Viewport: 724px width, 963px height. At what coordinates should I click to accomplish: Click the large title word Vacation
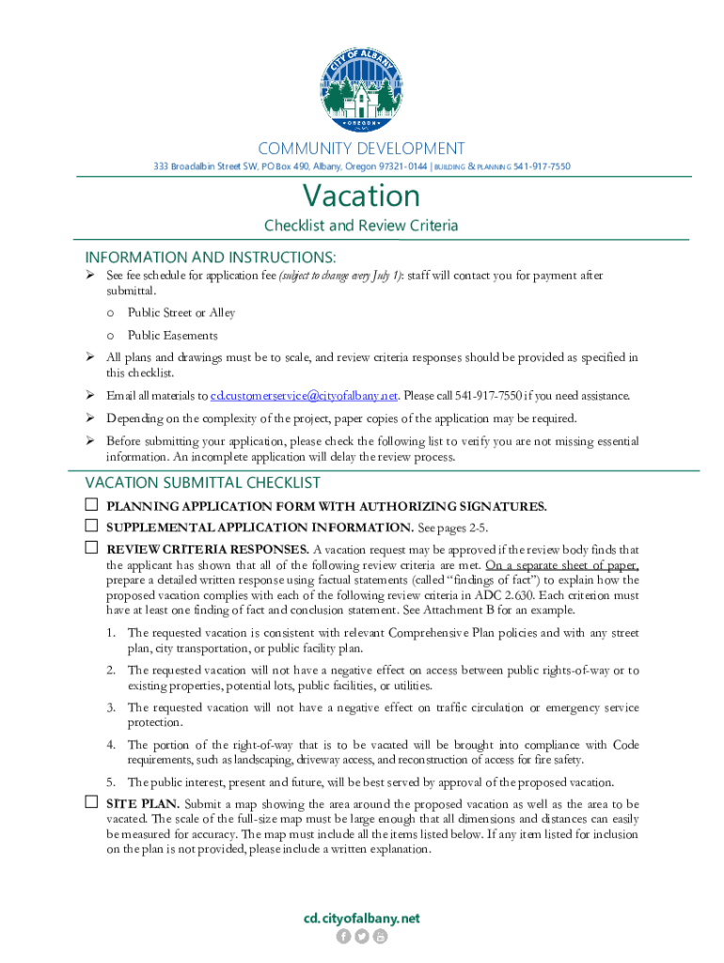coord(361,196)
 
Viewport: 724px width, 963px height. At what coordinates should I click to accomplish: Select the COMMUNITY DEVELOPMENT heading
coord(361,149)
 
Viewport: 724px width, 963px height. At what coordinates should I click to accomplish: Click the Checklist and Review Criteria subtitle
coord(361,226)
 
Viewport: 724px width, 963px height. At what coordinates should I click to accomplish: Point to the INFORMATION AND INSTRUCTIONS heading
coord(211,257)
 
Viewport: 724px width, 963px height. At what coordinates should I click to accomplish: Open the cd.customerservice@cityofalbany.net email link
coord(305,395)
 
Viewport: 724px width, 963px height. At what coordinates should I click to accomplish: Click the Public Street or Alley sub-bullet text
coord(181,312)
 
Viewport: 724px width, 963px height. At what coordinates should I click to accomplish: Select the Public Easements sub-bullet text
coord(173,335)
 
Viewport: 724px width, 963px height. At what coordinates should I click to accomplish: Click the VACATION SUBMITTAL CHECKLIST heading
coord(203,482)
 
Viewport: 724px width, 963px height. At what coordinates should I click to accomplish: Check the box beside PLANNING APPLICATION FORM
coord(92,505)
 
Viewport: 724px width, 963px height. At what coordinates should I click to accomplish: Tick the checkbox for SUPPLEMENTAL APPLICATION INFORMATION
coord(92,526)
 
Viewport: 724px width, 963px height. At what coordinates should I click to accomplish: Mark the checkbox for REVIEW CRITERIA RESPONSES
coord(92,547)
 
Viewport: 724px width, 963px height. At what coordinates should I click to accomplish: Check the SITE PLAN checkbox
coord(92,803)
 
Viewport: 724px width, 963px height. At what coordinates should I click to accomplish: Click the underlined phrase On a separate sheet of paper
coord(562,565)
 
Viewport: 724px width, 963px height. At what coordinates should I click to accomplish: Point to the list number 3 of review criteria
coord(111,707)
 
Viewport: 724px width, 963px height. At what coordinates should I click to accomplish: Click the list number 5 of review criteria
coord(111,782)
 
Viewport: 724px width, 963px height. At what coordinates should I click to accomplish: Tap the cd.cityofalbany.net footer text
coord(361,918)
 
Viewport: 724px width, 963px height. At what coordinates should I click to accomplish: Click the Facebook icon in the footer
coord(343,936)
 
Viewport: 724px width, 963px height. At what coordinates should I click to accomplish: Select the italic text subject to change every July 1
coord(341,276)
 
